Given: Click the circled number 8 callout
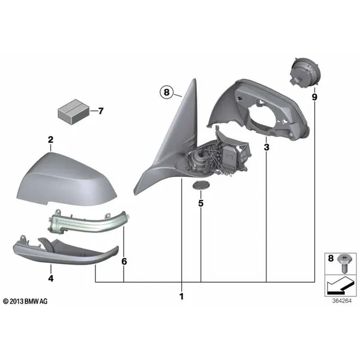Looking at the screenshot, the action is [166, 92].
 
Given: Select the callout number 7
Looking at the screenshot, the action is [101, 111].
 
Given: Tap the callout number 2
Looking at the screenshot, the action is [50, 140].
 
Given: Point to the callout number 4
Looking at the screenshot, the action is [51, 278].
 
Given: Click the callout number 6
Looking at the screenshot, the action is [124, 261].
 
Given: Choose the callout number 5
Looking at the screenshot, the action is [201, 203].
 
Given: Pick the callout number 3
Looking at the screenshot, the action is [266, 147].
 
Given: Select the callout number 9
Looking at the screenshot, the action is [314, 97].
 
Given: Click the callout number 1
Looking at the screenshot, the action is [182, 296].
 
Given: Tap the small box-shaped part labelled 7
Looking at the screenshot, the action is [73, 112].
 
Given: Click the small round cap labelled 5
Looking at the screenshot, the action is [201, 185].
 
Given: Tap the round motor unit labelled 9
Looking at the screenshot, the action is [305, 75].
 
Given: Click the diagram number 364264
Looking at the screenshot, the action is [341, 301].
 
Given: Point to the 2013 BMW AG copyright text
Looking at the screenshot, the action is [25, 301].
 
